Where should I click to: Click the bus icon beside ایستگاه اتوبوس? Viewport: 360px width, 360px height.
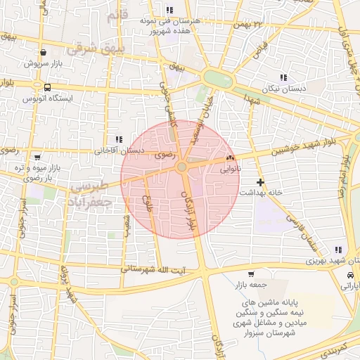(46, 89)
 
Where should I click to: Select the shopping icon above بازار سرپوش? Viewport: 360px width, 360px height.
(44, 51)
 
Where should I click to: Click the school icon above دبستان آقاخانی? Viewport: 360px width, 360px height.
(119, 139)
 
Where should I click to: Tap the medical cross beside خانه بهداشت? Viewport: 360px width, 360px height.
(261, 182)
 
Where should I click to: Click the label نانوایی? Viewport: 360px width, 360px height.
(231, 169)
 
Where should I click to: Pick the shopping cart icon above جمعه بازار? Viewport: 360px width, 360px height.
(251, 274)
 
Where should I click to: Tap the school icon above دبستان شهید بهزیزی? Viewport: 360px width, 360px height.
(339, 250)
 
